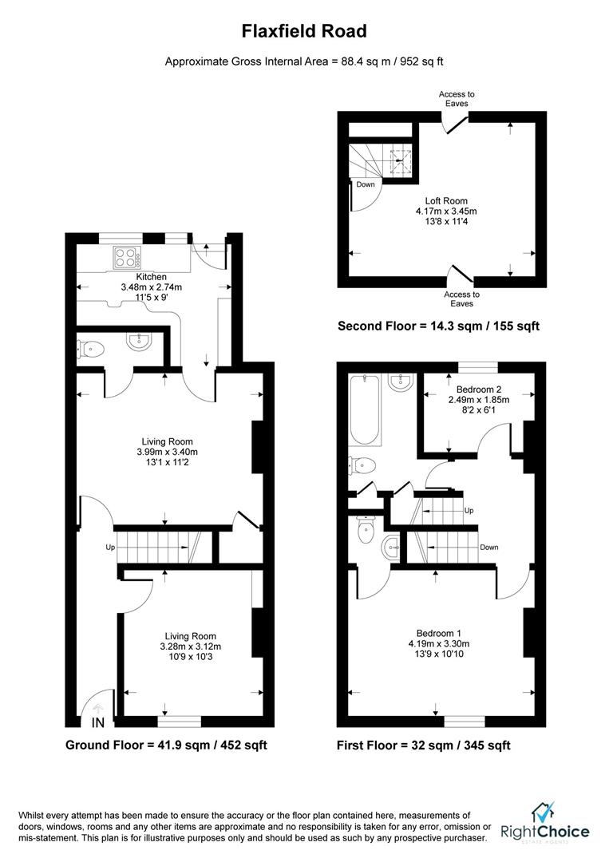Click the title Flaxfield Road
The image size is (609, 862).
click(x=305, y=31)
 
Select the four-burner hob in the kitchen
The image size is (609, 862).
click(x=127, y=257)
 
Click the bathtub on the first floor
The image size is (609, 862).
click(x=365, y=409)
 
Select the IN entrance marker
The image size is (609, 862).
click(x=98, y=723)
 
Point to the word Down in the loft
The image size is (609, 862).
click(x=366, y=184)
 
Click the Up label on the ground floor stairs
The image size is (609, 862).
click(x=110, y=548)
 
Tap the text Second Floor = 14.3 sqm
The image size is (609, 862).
click(x=438, y=326)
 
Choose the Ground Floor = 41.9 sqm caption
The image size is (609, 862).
click(x=166, y=745)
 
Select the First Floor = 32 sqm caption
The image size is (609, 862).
click(x=423, y=745)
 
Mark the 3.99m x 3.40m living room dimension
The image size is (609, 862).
click(x=167, y=452)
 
